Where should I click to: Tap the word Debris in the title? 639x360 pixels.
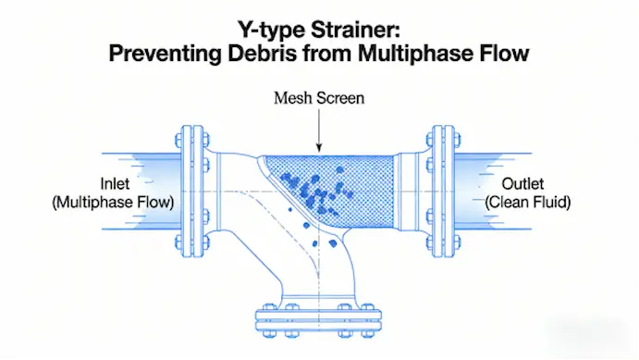click(x=262, y=54)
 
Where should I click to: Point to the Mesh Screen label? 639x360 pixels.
click(x=319, y=98)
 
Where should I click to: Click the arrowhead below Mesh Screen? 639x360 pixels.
click(x=319, y=148)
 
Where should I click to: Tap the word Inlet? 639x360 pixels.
click(x=115, y=183)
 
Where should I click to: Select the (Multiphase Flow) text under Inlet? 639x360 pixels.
click(x=114, y=203)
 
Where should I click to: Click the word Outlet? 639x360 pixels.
click(x=522, y=183)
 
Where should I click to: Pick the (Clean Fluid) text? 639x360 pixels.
click(x=528, y=203)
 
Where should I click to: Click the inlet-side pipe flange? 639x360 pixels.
click(x=192, y=192)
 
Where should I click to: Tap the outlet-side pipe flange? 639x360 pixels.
click(x=443, y=192)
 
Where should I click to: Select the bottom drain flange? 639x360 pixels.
click(x=319, y=320)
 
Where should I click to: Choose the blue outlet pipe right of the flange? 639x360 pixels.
click(x=493, y=192)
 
